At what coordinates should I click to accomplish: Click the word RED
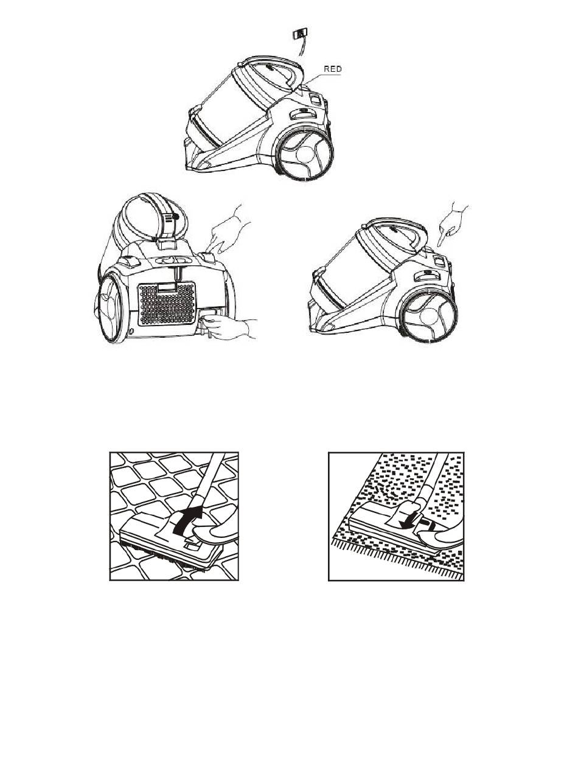tap(332, 69)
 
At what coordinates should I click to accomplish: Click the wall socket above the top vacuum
tap(299, 33)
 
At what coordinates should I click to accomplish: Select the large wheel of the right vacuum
tap(428, 315)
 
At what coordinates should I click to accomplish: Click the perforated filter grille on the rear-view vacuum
tap(166, 304)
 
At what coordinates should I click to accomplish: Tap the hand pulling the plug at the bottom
tap(230, 328)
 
